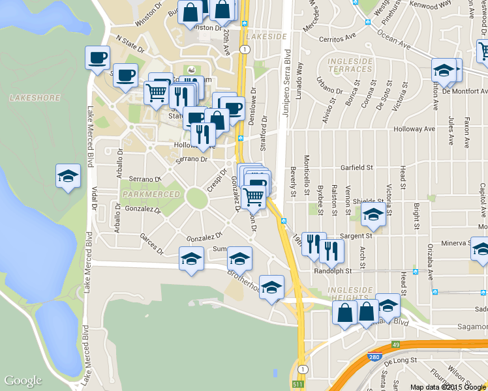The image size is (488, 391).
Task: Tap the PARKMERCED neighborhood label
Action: [151, 194]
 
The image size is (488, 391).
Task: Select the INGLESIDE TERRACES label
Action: [350, 65]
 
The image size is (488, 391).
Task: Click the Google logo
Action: [23, 381]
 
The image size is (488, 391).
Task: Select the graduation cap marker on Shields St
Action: [374, 214]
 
